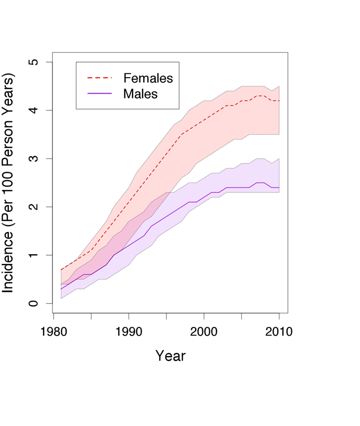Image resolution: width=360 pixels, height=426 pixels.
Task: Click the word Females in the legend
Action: [148, 78]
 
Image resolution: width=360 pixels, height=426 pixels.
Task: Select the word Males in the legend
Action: [140, 94]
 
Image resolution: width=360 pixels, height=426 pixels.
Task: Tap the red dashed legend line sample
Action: [99, 78]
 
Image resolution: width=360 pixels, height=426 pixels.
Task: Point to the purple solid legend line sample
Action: [99, 93]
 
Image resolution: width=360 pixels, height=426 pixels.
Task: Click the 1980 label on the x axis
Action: [54, 332]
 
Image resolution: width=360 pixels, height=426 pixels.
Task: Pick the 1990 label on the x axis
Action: [128, 332]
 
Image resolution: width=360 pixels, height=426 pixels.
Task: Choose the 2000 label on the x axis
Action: [203, 332]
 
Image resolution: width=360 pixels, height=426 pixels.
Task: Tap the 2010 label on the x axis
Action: [279, 332]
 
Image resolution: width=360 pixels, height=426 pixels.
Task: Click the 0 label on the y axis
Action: [33, 303]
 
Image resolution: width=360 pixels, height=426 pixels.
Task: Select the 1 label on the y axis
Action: [33, 255]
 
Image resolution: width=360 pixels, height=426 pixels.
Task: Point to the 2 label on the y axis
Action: [33, 207]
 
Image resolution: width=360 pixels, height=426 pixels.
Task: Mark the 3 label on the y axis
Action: [33, 158]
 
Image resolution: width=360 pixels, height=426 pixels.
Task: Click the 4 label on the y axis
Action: [33, 110]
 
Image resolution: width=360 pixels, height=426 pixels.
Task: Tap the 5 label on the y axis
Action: [33, 62]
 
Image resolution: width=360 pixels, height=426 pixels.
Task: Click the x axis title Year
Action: [171, 356]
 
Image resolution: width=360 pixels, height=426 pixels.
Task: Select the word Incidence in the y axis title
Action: [8, 262]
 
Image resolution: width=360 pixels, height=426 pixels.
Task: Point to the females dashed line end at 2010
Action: [279, 101]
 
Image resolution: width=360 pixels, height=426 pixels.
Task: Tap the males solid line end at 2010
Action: [279, 187]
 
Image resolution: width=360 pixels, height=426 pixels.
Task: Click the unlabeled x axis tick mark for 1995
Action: [166, 316]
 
